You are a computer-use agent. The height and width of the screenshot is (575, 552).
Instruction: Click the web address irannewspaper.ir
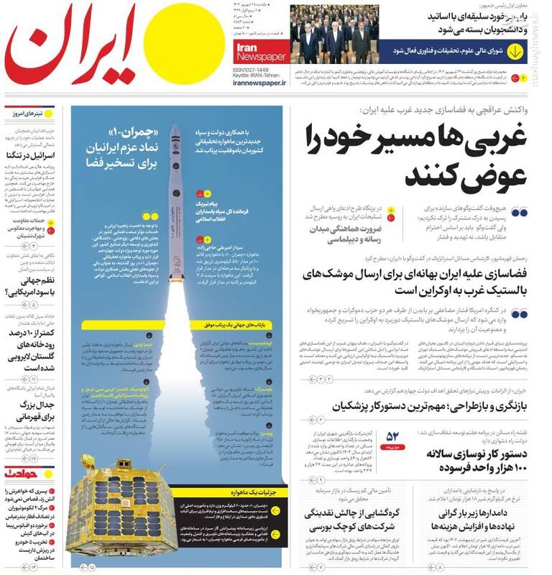(x=259, y=83)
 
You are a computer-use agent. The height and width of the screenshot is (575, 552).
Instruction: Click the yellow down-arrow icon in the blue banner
(x=515, y=52)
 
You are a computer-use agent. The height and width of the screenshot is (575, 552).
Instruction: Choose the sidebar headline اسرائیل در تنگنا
(x=30, y=155)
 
